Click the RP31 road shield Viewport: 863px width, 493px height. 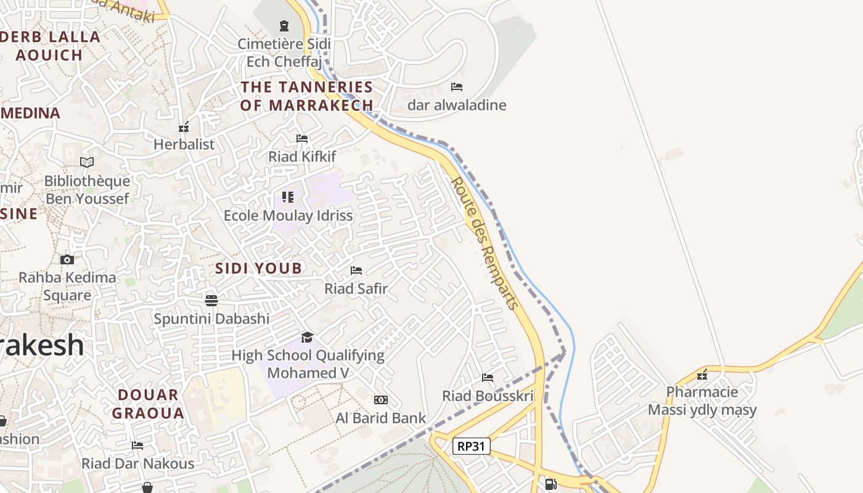click(x=472, y=446)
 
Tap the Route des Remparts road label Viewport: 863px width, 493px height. click(x=485, y=243)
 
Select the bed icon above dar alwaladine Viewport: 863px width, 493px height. click(x=457, y=87)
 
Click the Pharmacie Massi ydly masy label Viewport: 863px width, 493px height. click(x=702, y=401)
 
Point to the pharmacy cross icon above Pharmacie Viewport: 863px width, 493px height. click(x=702, y=374)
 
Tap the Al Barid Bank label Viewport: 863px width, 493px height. click(x=380, y=418)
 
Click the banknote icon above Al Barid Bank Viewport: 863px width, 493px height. click(x=381, y=400)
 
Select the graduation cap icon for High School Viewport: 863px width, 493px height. click(x=307, y=337)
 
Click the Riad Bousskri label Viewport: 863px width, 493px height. click(x=488, y=396)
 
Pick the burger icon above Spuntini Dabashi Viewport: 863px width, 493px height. click(x=211, y=300)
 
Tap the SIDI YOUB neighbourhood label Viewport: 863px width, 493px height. click(x=259, y=268)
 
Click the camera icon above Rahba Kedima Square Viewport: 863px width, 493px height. click(x=67, y=259)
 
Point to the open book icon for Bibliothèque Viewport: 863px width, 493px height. click(x=87, y=162)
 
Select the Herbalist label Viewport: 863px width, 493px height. click(x=184, y=144)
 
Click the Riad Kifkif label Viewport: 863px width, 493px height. click(x=302, y=157)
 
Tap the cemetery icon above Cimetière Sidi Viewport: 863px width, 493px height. click(x=284, y=25)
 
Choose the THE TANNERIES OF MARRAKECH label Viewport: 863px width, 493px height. click(x=307, y=96)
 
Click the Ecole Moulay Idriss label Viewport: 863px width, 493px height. click(x=288, y=215)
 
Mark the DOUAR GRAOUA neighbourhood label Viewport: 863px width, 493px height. click(x=148, y=404)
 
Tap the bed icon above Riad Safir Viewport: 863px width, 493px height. click(x=356, y=270)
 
